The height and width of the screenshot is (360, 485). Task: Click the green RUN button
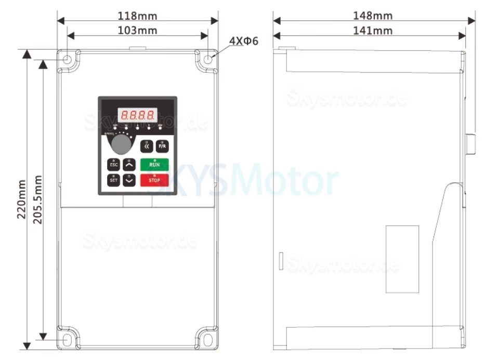154,164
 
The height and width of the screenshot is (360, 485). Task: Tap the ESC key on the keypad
113,165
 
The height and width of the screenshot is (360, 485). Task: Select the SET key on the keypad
113,180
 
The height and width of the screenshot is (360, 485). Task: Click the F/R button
162,146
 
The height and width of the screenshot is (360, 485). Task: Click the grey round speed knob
121,144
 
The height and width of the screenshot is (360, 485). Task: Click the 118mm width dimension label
138,16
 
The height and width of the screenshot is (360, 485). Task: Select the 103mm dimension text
138,30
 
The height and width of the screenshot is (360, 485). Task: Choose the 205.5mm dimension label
37,199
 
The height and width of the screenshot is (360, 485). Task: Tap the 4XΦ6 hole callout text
243,41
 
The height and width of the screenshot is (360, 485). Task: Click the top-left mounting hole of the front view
68,60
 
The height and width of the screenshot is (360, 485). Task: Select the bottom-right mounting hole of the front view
207,339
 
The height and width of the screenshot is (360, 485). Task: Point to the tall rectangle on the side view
402,259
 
